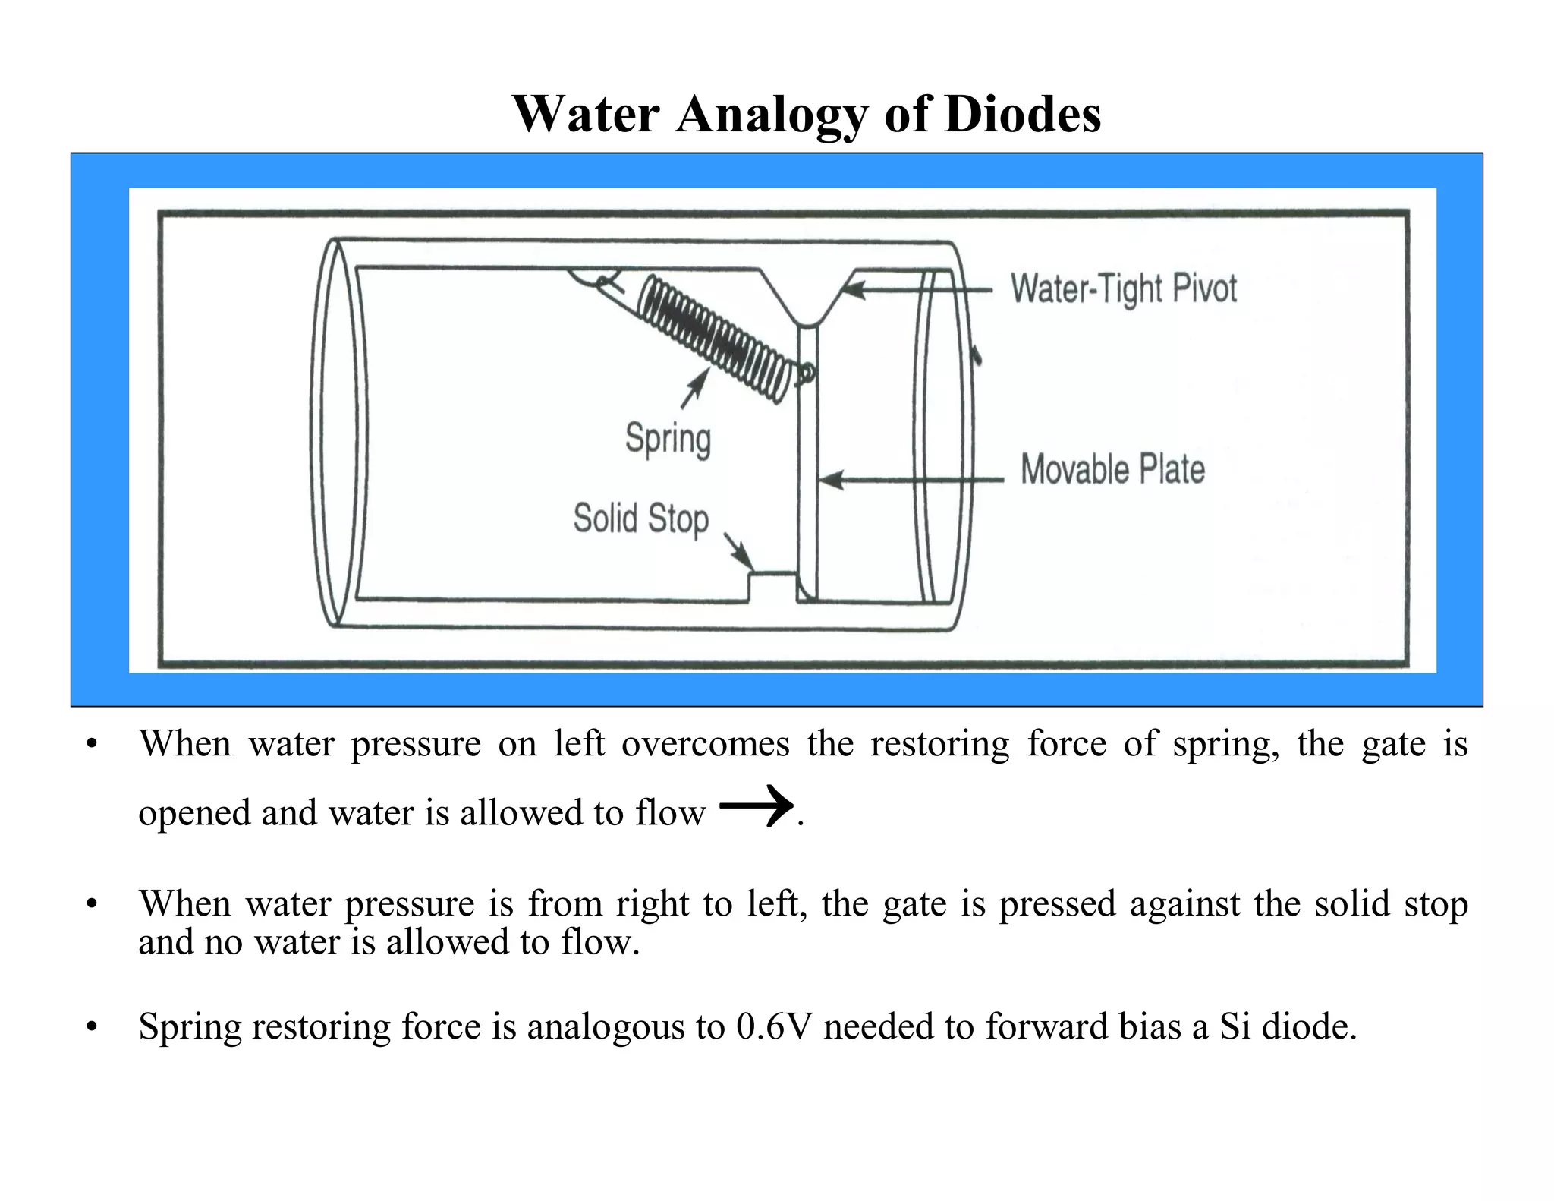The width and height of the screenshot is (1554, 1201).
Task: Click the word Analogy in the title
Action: pyautogui.click(x=770, y=115)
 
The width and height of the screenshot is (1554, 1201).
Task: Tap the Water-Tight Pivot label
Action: pyautogui.click(x=1123, y=289)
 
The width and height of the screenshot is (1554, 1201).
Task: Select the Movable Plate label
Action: pyautogui.click(x=1112, y=469)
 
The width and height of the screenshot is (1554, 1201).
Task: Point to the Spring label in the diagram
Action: pyautogui.click(x=668, y=440)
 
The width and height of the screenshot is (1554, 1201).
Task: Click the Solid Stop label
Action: pyautogui.click(x=640, y=519)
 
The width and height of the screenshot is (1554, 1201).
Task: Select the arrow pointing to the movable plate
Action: pyautogui.click(x=911, y=480)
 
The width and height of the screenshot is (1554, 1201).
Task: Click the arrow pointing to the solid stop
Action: pyautogui.click(x=738, y=550)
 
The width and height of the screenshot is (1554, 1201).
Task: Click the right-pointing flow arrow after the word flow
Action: pyautogui.click(x=755, y=805)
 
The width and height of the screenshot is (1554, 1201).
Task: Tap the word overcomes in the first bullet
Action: pyautogui.click(x=705, y=744)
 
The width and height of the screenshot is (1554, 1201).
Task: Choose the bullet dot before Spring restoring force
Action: pyautogui.click(x=92, y=1028)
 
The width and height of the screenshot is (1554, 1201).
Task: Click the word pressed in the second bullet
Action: pyautogui.click(x=1057, y=904)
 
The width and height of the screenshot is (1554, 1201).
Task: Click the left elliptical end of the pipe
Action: pyautogui.click(x=334, y=433)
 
